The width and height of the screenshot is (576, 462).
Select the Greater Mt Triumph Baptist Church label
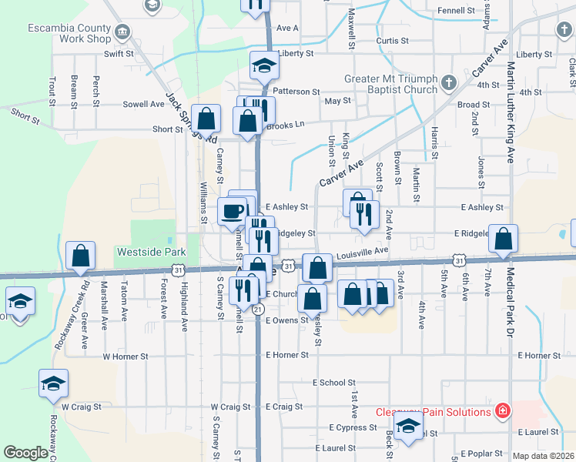(390, 84)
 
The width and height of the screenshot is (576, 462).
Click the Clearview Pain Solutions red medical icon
(503, 412)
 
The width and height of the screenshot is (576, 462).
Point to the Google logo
(25, 453)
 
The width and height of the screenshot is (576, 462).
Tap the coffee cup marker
(232, 210)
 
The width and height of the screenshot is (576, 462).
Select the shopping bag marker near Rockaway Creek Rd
(80, 256)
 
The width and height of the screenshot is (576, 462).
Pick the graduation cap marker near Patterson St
(263, 65)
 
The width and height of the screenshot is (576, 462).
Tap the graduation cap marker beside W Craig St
(54, 383)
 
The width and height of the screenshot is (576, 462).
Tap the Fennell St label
(456, 11)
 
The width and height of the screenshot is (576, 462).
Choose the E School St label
(334, 382)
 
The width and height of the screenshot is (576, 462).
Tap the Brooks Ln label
(287, 123)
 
